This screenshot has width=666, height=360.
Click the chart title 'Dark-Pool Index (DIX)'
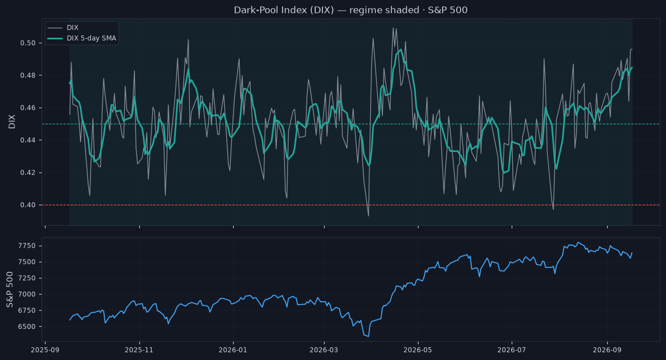(x=284, y=10)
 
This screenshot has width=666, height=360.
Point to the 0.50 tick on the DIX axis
(x=28, y=43)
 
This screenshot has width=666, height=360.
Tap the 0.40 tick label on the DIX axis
(x=28, y=205)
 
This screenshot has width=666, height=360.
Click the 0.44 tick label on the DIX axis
(x=28, y=140)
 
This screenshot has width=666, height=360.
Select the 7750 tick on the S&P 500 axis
(x=27, y=246)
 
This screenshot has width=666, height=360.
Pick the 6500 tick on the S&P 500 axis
(x=27, y=327)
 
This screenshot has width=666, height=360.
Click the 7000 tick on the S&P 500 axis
(x=27, y=295)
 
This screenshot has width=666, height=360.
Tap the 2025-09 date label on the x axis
(x=45, y=350)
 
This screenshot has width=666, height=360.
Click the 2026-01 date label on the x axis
(x=233, y=350)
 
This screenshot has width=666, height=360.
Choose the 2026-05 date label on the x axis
(x=418, y=350)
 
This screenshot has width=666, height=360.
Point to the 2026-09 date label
(x=607, y=350)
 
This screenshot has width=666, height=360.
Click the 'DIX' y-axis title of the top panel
(x=12, y=121)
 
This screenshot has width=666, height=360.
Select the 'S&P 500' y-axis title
(x=10, y=290)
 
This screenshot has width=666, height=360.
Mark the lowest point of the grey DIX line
(x=369, y=216)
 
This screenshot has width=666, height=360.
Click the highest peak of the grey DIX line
(x=393, y=28)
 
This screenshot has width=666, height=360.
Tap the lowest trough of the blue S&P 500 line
(x=369, y=337)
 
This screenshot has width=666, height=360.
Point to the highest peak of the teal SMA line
(x=401, y=49)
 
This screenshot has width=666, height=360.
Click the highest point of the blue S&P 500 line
(x=578, y=242)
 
